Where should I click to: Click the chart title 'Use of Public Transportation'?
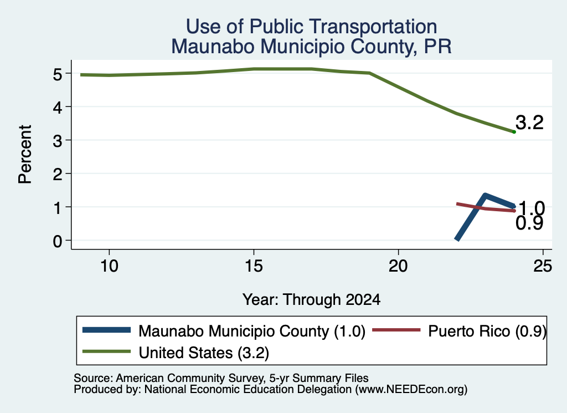pos(311,27)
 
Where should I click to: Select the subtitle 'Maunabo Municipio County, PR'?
pos(311,47)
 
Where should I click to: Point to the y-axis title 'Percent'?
pos(25,154)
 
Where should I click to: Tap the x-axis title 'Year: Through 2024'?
pos(311,300)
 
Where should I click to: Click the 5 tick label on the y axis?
pos(58,74)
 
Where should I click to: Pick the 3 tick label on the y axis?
pos(58,141)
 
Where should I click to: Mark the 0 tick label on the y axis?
pos(58,241)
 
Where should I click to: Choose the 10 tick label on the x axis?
pos(109,266)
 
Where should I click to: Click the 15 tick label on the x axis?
pos(254,266)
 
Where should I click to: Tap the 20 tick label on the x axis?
pos(398,266)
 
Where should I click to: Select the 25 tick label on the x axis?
pos(543,266)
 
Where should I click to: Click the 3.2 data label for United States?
pos(529,123)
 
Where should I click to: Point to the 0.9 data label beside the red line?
pos(529,223)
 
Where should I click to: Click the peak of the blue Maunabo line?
pos(485,196)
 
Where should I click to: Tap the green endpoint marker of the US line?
pos(514,132)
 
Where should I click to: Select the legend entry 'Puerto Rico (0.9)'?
pos(487,331)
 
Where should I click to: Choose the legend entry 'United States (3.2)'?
pos(204,353)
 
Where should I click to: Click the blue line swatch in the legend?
pos(106,330)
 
